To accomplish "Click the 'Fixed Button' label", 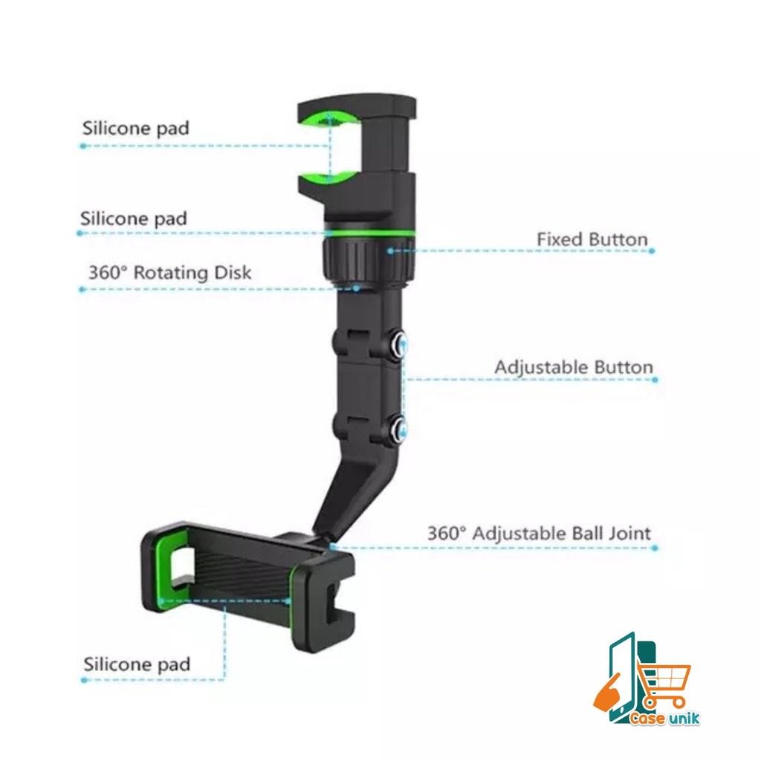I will (x=592, y=240).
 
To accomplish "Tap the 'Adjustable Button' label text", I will (x=574, y=368).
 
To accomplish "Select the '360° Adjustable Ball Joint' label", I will (x=539, y=534).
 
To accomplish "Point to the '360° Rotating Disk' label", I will (x=169, y=273).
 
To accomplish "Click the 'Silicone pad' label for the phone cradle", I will (x=137, y=664).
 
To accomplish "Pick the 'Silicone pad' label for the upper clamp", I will (x=135, y=128).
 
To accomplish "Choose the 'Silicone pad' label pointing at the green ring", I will (x=134, y=219).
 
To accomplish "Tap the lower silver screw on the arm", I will (x=400, y=427).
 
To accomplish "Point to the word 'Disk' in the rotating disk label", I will (x=232, y=273).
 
